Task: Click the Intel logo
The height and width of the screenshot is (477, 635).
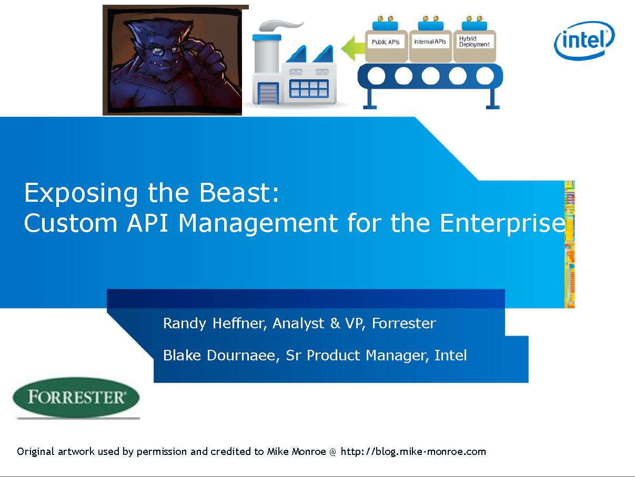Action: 584,40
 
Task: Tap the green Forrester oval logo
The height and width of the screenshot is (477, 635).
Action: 76,397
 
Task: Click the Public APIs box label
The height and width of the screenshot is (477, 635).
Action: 386,42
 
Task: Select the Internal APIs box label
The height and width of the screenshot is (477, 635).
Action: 430,42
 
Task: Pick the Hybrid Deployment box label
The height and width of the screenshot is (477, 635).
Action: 474,42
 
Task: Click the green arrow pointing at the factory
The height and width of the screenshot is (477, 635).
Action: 353,48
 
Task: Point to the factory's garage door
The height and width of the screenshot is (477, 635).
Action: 268,94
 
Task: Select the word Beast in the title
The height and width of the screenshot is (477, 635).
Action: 239,193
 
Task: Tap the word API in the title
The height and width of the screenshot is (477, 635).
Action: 148,223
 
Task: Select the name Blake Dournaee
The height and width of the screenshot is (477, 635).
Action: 221,355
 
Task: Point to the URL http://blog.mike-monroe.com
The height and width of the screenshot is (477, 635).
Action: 414,452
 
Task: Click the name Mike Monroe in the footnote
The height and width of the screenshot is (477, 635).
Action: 297,451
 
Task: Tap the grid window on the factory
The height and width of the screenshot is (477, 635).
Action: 309,88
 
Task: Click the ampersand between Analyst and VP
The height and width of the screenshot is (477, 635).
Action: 335,323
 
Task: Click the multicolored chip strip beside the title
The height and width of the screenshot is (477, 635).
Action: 570,244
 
